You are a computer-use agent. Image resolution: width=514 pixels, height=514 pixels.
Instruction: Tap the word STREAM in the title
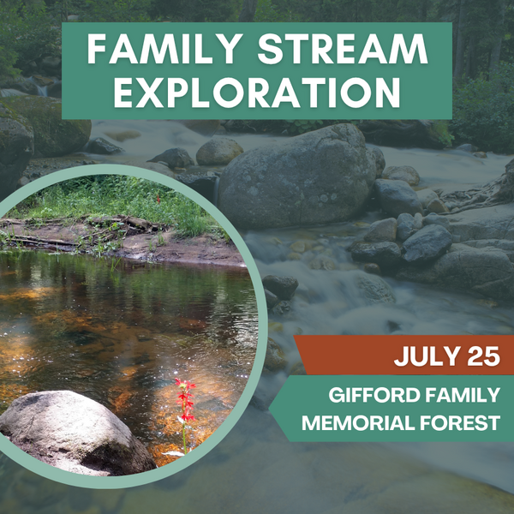343,49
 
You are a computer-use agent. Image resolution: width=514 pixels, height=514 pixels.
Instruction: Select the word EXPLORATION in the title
257,93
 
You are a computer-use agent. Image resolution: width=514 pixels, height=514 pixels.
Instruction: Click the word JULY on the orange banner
427,356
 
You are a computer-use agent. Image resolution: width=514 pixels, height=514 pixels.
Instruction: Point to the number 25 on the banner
484,356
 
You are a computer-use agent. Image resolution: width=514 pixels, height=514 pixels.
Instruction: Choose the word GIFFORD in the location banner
374,395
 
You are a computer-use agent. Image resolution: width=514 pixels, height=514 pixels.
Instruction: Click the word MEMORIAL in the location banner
359,423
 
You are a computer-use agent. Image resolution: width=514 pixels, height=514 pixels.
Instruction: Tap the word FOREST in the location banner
460,423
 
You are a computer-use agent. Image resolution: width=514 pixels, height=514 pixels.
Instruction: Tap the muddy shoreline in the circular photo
147,249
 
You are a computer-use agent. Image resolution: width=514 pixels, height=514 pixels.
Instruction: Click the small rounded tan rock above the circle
219,152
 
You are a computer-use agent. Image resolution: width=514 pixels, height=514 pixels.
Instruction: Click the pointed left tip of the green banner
270,409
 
